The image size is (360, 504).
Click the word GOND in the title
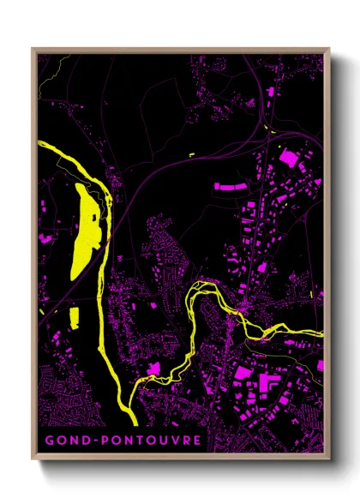click(x=68, y=440)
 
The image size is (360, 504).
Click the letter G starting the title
click(x=49, y=440)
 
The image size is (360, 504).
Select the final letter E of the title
click(x=198, y=440)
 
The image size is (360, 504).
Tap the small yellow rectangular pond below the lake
click(x=73, y=316)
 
